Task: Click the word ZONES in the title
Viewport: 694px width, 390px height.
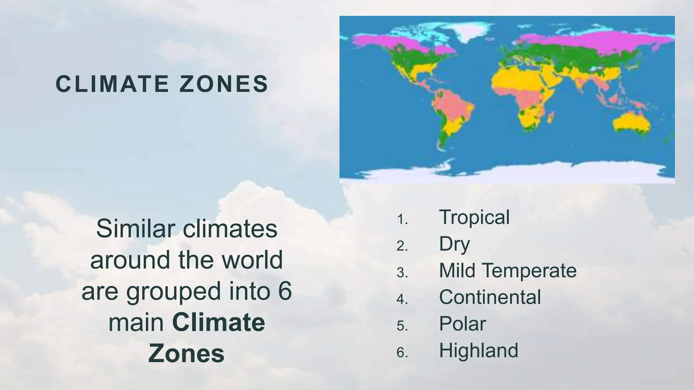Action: pyautogui.click(x=224, y=84)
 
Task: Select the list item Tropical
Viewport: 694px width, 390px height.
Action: pyautogui.click(x=474, y=217)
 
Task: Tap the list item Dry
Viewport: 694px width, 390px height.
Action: pyautogui.click(x=454, y=244)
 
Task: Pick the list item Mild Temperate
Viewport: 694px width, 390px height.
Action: pyautogui.click(x=508, y=270)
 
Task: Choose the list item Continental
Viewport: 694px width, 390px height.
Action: pyautogui.click(x=490, y=297)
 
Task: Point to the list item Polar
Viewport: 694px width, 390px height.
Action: pyautogui.click(x=463, y=324)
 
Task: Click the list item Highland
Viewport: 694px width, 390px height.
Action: pyautogui.click(x=478, y=350)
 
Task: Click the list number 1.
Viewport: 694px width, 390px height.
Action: pyautogui.click(x=402, y=220)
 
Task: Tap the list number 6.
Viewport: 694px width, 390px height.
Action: pyautogui.click(x=402, y=353)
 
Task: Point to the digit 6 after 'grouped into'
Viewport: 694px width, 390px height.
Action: pyautogui.click(x=285, y=291)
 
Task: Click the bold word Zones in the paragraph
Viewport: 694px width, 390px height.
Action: pyautogui.click(x=186, y=353)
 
